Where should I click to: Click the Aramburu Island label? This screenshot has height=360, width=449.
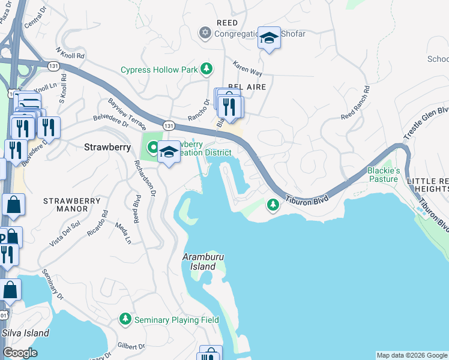pos(199,262)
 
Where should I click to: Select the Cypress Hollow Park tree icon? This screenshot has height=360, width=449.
pos(206,70)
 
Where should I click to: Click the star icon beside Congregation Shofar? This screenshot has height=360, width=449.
pos(205,34)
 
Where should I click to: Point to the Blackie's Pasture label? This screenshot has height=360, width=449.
pos(382,175)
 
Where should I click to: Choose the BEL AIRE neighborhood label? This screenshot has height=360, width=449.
pos(246,87)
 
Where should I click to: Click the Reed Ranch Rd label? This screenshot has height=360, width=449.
pos(356,106)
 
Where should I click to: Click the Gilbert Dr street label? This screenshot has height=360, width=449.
pos(131,346)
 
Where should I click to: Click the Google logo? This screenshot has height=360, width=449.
pos(20,353)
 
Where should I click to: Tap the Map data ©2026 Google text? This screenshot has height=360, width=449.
pos(412,355)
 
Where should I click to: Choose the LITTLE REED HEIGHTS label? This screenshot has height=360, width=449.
pos(427,185)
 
